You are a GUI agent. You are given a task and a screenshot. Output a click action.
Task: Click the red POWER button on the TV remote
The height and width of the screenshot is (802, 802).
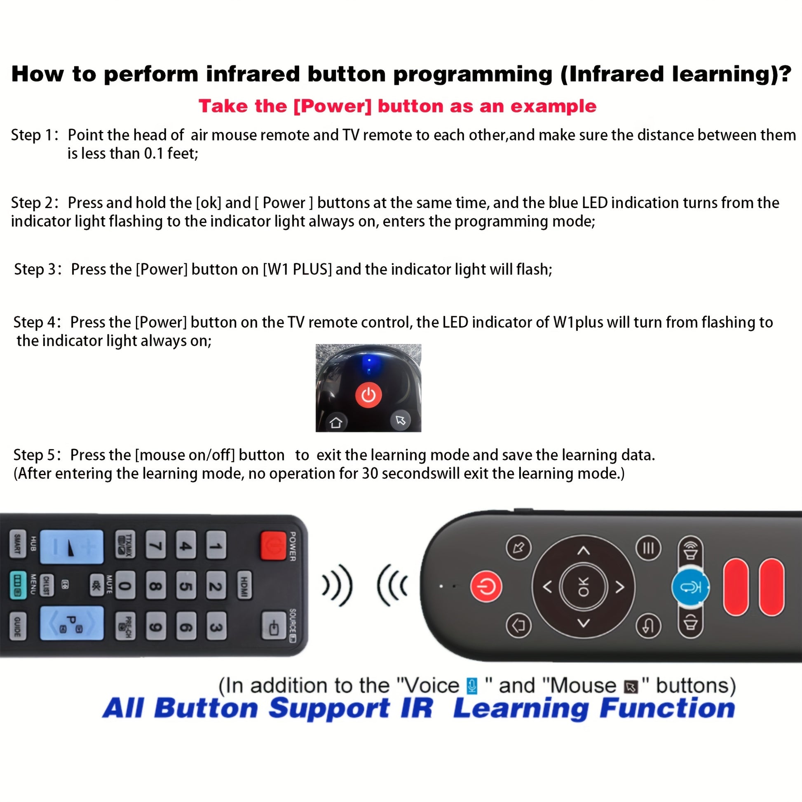(273, 546)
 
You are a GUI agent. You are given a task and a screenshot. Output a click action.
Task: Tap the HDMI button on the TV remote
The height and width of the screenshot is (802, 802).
(244, 585)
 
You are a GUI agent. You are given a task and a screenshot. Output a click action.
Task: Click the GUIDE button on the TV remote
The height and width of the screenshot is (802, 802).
(17, 626)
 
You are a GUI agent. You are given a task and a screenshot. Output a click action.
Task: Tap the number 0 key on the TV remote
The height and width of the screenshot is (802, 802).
(125, 585)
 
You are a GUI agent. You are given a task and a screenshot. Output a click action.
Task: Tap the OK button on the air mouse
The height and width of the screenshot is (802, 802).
(583, 587)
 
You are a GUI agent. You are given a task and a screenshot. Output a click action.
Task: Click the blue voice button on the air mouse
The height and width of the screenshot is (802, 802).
(690, 587)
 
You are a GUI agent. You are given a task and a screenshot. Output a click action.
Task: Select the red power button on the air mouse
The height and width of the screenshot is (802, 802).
(486, 587)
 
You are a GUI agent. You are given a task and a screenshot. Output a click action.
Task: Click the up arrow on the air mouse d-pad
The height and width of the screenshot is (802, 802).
(584, 551)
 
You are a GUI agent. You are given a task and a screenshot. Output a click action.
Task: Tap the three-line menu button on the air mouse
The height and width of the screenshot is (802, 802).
(648, 548)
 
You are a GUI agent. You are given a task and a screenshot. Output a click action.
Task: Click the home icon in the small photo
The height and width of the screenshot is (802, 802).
(336, 422)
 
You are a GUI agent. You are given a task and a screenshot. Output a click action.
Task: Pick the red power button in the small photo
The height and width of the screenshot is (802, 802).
(368, 395)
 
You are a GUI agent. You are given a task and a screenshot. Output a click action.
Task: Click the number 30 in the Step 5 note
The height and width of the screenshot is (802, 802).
(369, 474)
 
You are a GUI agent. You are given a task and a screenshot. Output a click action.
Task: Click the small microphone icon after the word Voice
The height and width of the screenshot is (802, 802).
(471, 686)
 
